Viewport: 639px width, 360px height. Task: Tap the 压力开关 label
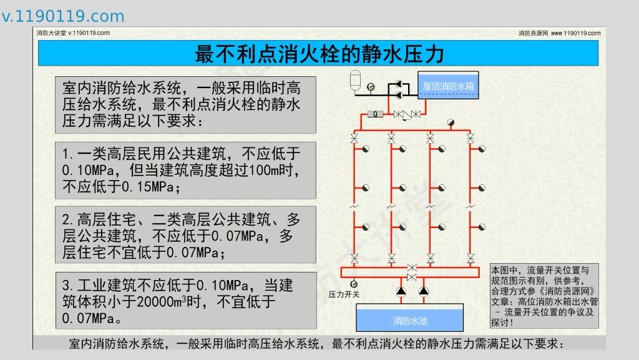pos(344,294)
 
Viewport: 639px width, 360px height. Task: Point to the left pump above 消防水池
pos(400,291)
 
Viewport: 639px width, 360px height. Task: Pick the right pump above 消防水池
pos(424,291)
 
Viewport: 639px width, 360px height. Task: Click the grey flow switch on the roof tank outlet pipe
pos(375,114)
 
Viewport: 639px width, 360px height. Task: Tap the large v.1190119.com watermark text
pos(63,16)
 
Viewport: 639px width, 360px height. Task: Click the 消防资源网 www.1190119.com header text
pos(559,33)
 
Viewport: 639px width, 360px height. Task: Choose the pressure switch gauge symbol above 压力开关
pos(354,284)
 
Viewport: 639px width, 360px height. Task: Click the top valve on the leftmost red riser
pos(354,137)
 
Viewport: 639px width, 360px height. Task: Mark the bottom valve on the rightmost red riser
pos(469,257)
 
